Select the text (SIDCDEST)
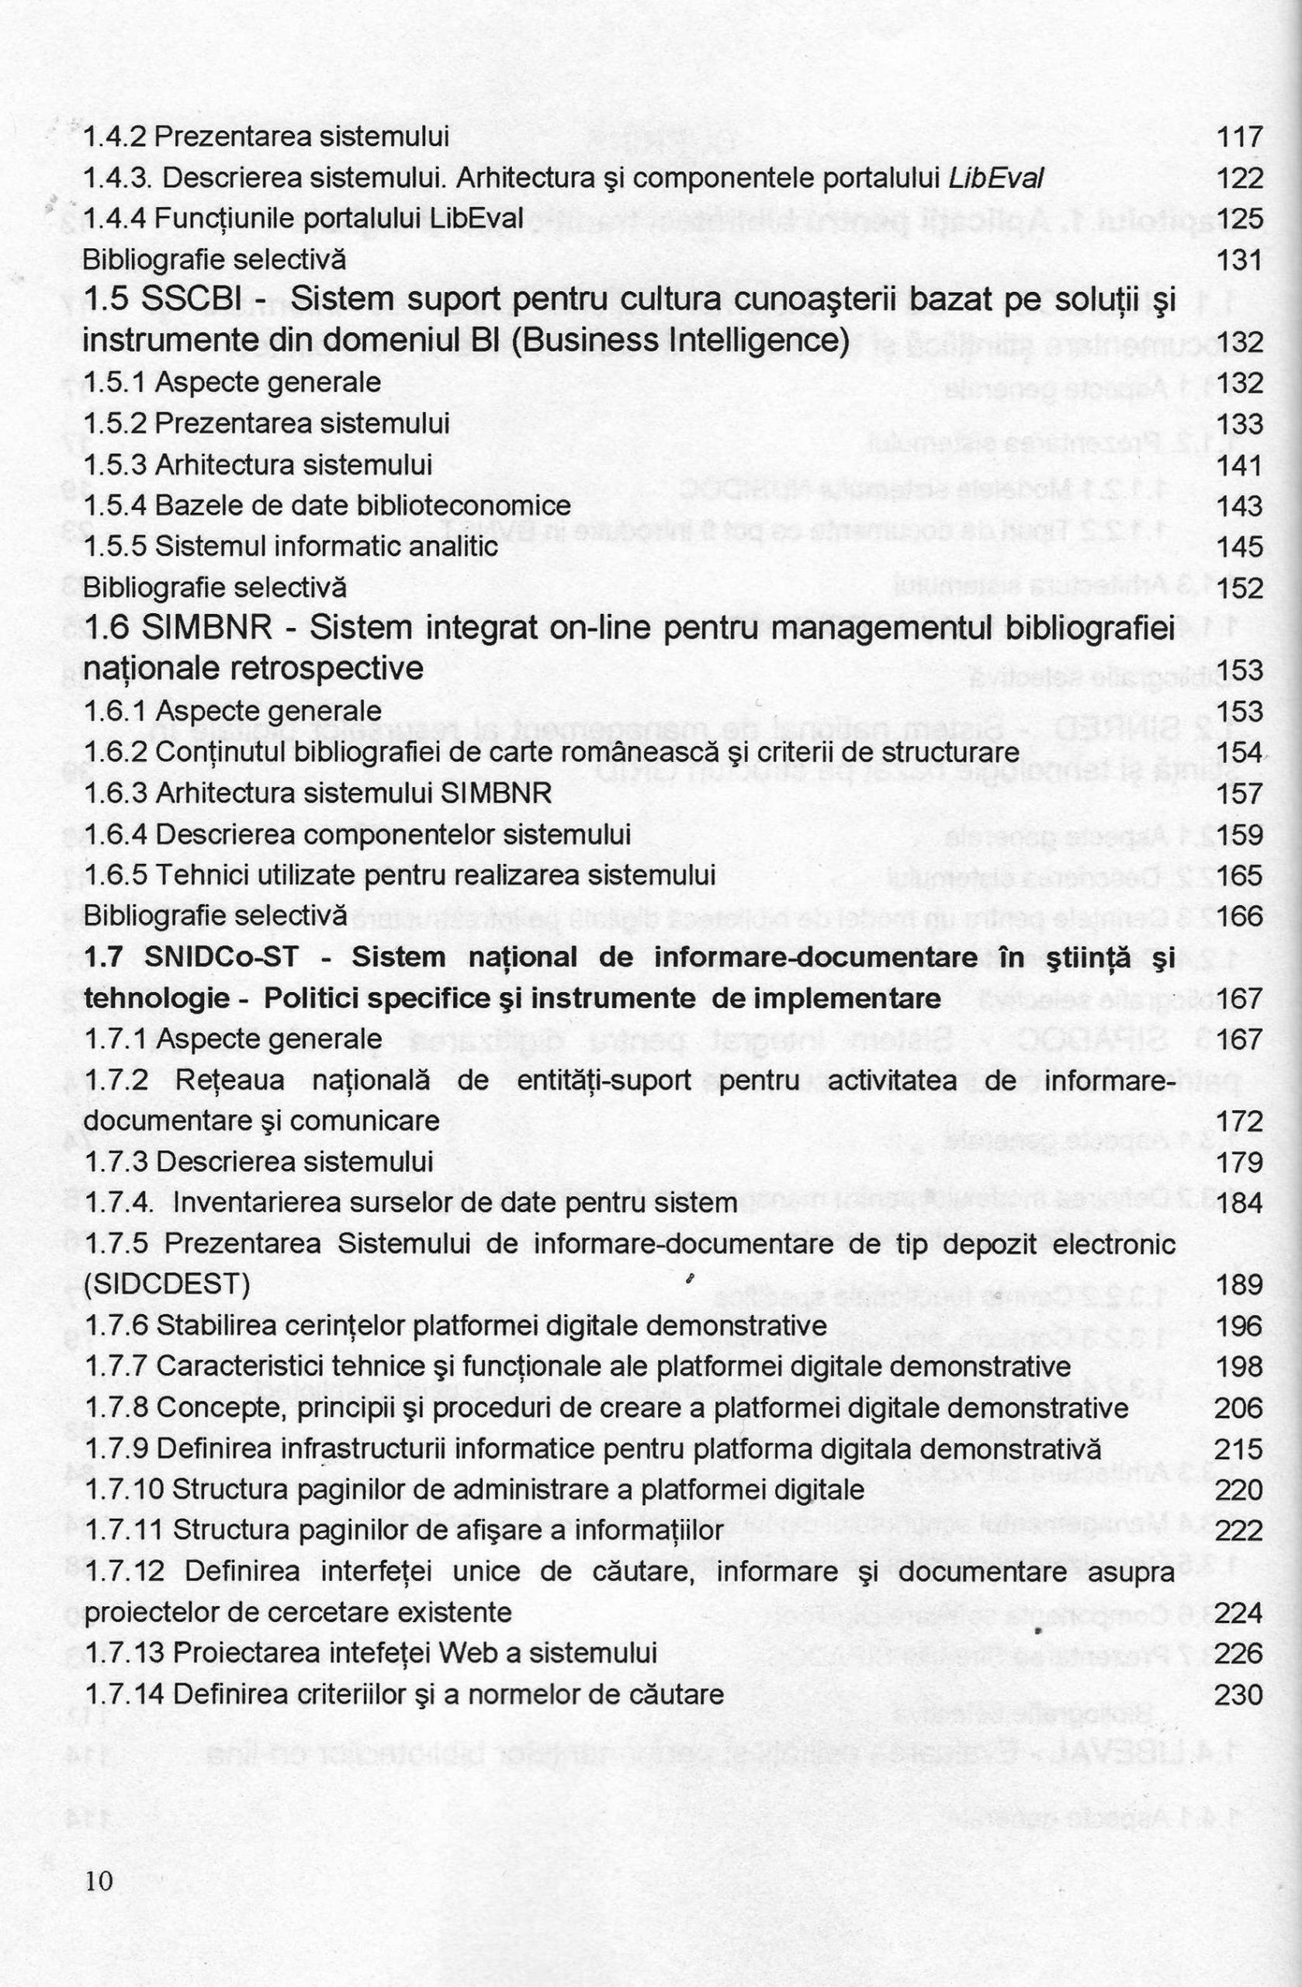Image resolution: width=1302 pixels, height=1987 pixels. [167, 1284]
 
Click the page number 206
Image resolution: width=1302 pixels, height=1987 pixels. [1238, 1409]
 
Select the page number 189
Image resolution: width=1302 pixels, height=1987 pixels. [1239, 1285]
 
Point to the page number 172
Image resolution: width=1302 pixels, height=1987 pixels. [1239, 1122]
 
